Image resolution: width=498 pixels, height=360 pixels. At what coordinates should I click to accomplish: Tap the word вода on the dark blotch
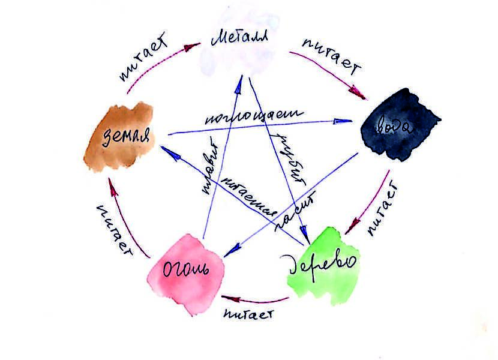(397, 125)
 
